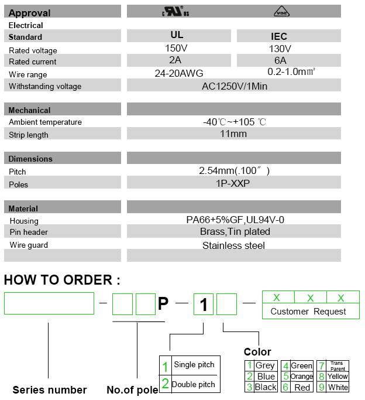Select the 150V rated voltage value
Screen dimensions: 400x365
tap(176, 49)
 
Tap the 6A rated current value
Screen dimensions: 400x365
tap(280, 61)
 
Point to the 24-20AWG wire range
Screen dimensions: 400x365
tap(179, 74)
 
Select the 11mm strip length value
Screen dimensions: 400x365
tap(232, 134)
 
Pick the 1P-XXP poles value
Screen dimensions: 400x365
tap(232, 183)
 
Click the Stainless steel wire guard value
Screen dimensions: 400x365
tap(233, 245)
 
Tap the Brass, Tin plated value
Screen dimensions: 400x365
tap(233, 232)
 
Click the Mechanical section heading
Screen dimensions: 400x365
tap(29, 110)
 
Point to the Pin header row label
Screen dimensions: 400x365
tap(29, 233)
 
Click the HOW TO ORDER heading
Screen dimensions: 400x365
tap(61, 280)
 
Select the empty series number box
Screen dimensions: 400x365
tap(49, 303)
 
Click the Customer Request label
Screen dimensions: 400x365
tap(308, 312)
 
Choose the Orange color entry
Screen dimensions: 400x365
tap(302, 377)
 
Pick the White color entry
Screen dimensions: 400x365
tap(338, 387)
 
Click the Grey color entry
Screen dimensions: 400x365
tap(265, 366)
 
